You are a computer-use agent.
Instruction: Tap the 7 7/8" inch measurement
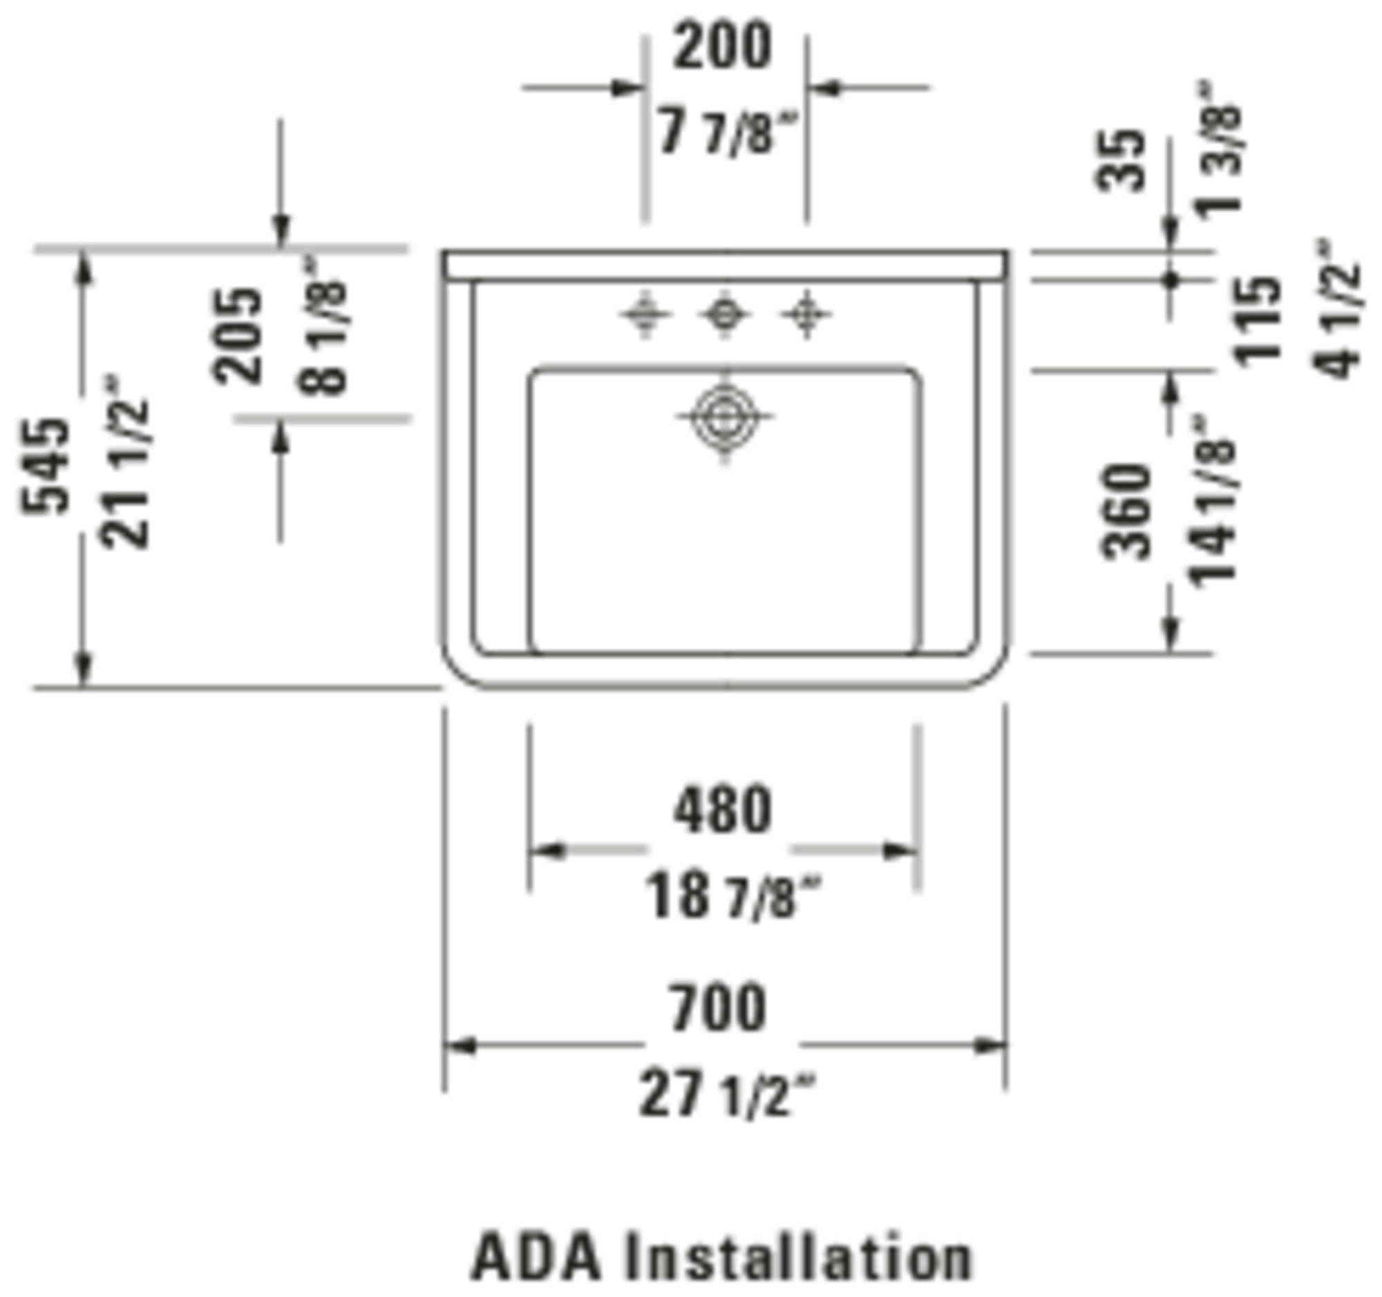726,133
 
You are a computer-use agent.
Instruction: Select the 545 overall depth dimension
46,466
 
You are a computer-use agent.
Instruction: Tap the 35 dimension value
1120,160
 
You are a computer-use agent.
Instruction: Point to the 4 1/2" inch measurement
1336,310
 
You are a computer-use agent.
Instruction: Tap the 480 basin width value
722,811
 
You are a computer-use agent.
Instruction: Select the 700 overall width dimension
718,1008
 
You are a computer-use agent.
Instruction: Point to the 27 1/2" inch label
726,1095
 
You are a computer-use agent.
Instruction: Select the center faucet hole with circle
724,315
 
